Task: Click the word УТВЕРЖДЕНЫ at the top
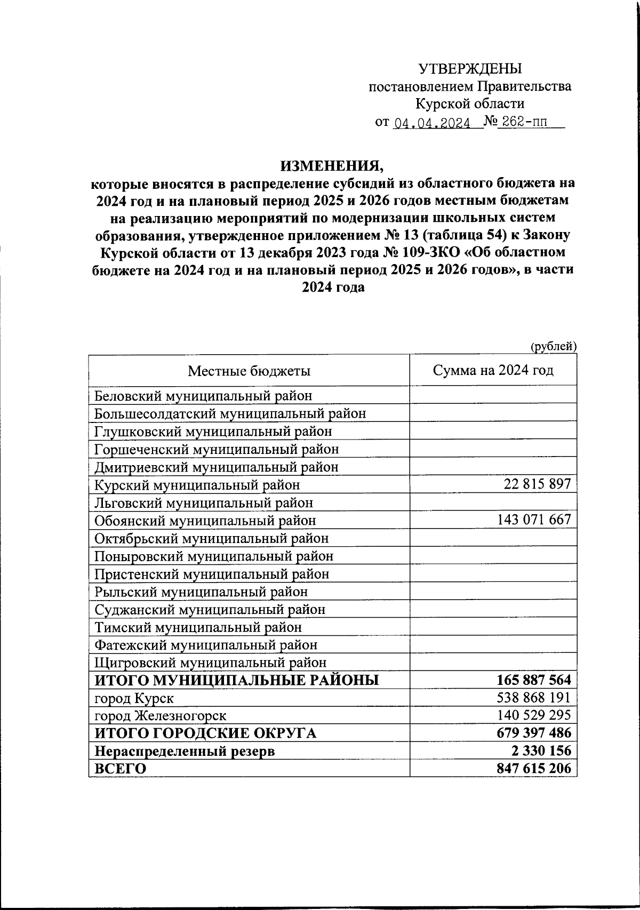[470, 69]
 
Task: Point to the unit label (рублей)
[553, 346]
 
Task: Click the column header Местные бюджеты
[249, 371]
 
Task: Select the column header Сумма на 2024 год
[493, 370]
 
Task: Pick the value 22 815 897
[537, 484]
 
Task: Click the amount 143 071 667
[534, 520]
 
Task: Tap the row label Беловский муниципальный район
[203, 396]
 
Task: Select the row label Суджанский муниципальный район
[210, 609]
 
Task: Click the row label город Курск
[134, 698]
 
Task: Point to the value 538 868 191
[533, 698]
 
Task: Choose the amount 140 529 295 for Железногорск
[533, 715]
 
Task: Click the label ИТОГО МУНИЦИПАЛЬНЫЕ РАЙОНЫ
[237, 680]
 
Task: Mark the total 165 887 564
[533, 680]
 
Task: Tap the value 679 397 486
[533, 733]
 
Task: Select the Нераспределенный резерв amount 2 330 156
[541, 751]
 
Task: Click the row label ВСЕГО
[120, 769]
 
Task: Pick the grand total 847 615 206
[533, 769]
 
